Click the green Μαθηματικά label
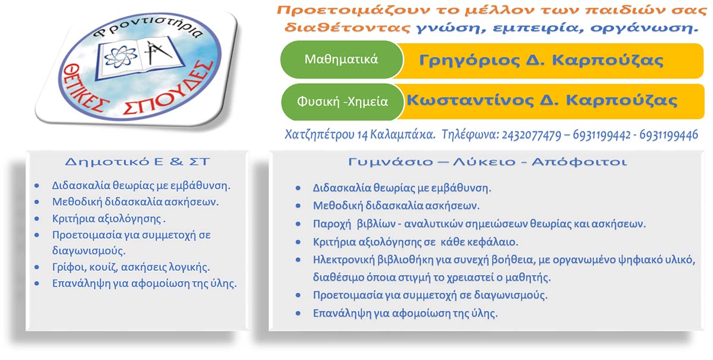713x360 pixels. coord(341,59)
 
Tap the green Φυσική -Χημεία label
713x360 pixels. coord(342,102)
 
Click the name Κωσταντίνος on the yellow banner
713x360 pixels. coord(470,100)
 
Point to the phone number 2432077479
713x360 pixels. coord(531,135)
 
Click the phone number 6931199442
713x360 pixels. coord(601,135)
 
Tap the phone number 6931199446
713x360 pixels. coord(669,135)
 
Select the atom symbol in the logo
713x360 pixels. coord(120,57)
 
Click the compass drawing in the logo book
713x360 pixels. coord(157,52)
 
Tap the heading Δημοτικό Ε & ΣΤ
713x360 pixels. coord(137,162)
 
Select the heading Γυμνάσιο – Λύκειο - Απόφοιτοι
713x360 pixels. coord(487,162)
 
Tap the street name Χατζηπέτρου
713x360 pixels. coord(319,135)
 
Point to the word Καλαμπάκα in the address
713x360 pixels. coord(403,135)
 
